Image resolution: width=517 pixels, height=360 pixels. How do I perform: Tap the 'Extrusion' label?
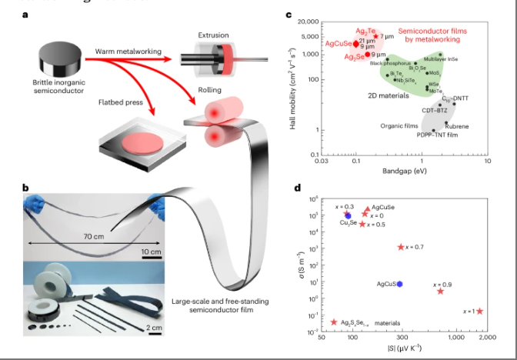pos(212,35)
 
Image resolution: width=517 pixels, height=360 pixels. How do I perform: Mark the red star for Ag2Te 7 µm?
pos(376,36)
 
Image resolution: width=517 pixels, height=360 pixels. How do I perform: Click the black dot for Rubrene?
pos(445,122)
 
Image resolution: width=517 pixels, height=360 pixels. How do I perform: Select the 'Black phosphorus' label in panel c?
pos(386,63)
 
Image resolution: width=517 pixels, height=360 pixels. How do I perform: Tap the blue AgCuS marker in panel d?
pos(399,285)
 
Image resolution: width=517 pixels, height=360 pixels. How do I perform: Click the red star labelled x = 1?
pos(480,312)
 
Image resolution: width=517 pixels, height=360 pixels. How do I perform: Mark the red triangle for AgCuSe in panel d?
pos(365,212)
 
